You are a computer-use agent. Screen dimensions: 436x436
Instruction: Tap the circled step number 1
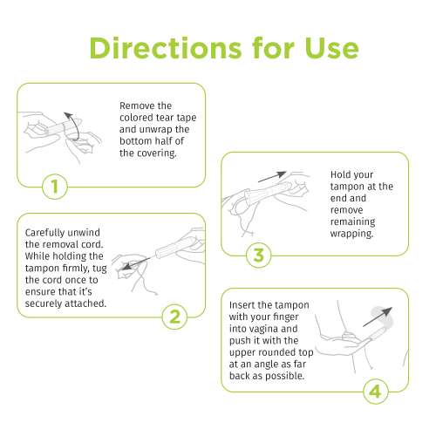click(x=54, y=186)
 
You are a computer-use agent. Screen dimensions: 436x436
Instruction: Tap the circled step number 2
click(x=175, y=316)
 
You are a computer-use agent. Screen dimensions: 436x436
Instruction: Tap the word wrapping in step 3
click(x=352, y=234)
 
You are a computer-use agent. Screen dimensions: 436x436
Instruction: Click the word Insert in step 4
click(x=248, y=304)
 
